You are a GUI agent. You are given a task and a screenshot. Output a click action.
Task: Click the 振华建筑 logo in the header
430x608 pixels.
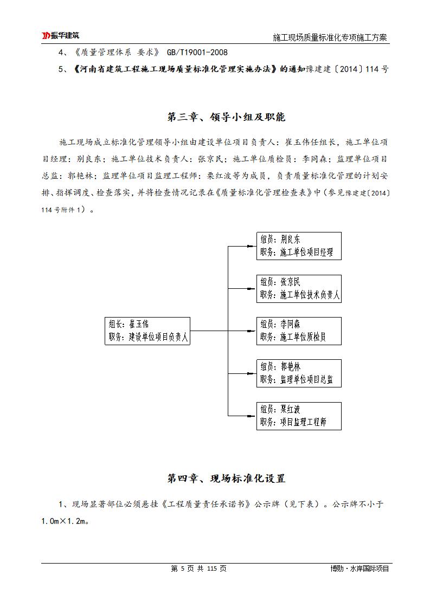[61, 36]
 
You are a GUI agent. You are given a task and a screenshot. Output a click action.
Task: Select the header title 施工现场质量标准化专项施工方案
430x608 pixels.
[331, 37]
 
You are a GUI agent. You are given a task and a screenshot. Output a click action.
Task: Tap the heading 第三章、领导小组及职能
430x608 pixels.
[226, 117]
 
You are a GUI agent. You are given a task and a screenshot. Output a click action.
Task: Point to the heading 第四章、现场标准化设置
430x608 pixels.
[226, 478]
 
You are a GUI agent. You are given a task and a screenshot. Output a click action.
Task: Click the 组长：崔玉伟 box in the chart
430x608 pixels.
[148, 331]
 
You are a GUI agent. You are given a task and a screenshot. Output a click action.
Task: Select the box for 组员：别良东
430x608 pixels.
[299, 246]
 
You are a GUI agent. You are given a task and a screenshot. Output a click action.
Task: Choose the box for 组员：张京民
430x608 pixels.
[299, 289]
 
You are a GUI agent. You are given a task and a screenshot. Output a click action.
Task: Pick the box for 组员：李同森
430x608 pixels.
[299, 331]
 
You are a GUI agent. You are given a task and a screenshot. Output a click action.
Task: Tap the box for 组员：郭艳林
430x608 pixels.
[299, 373]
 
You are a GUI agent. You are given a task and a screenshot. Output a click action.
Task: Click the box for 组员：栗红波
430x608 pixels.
[299, 416]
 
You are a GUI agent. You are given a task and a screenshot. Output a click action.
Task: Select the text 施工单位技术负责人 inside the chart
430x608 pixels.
[310, 295]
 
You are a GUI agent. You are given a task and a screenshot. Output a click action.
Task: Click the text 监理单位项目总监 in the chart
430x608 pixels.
[307, 380]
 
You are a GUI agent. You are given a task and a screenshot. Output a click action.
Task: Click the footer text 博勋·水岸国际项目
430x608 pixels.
[360, 568]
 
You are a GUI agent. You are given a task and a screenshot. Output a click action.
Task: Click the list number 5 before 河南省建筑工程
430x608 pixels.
[61, 69]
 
